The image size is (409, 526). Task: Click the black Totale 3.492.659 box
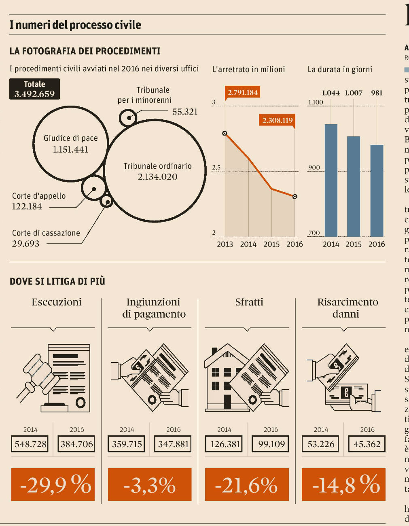point(34,89)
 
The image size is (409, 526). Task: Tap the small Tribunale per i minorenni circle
point(128,118)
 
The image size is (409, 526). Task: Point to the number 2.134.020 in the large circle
point(157,177)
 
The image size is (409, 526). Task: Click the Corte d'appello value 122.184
point(27,206)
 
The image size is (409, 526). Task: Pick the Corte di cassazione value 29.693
point(26,244)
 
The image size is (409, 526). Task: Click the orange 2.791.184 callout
point(243,92)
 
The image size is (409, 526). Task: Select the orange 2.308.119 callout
point(277,120)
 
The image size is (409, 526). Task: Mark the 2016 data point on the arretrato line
point(295,197)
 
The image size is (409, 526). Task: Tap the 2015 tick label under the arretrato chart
point(271,244)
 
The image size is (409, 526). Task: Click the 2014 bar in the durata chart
point(331,180)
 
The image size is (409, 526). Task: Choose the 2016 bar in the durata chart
point(377,190)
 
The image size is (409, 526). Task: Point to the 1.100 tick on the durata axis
point(316,102)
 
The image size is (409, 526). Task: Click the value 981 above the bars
point(377,93)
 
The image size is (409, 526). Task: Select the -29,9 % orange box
point(53,484)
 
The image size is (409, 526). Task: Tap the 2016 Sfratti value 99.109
point(271,444)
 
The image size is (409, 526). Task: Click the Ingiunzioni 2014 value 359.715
point(127,444)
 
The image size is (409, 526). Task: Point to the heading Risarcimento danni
point(348,308)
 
